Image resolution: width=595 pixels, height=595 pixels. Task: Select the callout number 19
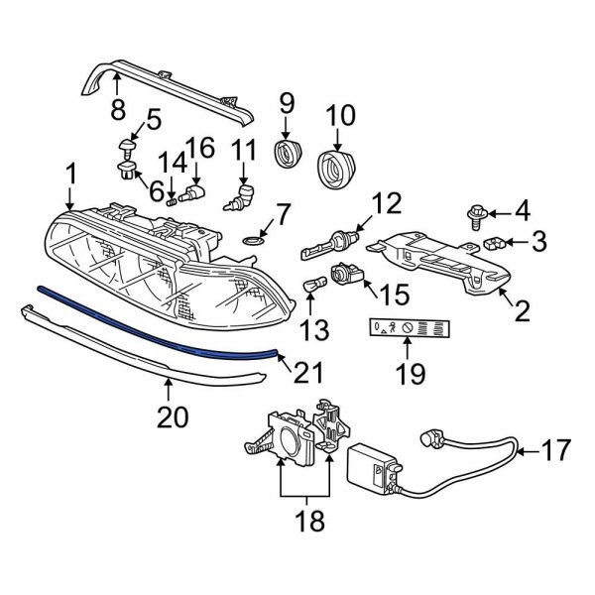coord(410,374)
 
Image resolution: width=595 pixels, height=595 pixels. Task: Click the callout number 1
coord(70,177)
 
